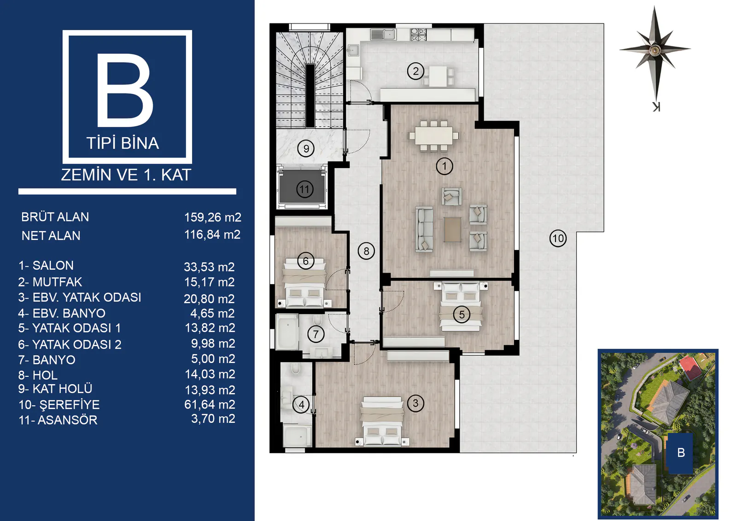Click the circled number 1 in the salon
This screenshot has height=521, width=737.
coord(444,166)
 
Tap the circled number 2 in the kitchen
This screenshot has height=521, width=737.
coord(415,71)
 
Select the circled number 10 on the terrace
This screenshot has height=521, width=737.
coord(558,238)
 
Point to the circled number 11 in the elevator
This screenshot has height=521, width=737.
coord(304,189)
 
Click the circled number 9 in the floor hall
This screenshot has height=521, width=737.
coord(306,148)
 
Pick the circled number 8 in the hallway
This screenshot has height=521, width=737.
coord(366,251)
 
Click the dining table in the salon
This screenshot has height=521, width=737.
coord(433,135)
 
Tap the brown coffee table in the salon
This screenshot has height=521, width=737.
coord(452,229)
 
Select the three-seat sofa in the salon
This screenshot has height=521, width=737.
coord(424,229)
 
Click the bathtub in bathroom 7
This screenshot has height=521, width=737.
coord(287,331)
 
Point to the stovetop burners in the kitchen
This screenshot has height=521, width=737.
coord(419,35)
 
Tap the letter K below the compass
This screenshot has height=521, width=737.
coord(656,106)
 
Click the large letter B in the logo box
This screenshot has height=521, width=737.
coord(125,90)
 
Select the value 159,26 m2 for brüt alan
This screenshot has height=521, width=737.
coord(212,217)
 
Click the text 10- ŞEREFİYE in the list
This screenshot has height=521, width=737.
coord(59,404)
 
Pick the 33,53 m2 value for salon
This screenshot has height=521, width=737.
coord(209,267)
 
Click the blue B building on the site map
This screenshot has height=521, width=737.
coord(680,453)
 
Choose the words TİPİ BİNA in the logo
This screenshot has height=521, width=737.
coord(123,143)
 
